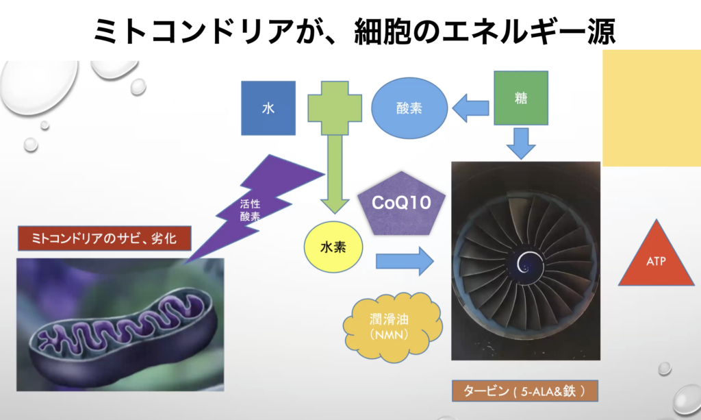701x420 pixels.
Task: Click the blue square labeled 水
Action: coord(268,108)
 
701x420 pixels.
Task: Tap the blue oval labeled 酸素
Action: coord(409,108)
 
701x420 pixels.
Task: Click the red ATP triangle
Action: coord(656,256)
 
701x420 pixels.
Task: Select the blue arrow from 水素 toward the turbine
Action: coord(405,261)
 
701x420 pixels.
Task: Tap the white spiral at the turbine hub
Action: coord(526,260)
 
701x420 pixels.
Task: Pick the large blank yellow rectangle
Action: coord(651,108)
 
